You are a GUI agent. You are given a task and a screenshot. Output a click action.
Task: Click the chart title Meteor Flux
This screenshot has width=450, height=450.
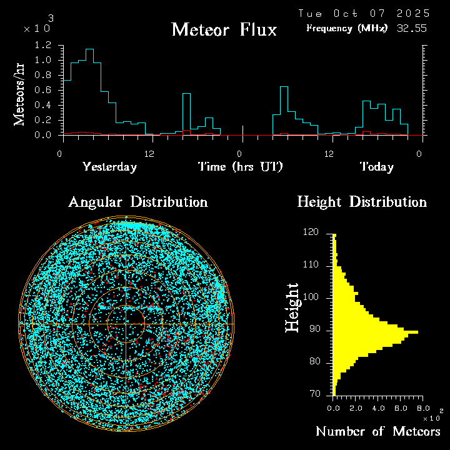(x=224, y=29)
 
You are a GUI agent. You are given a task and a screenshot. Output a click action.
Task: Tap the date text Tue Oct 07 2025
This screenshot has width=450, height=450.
(x=364, y=13)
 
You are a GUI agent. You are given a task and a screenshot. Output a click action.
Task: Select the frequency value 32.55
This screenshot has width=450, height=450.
(x=412, y=28)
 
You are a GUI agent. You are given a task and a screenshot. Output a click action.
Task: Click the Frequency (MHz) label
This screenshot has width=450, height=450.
(x=347, y=28)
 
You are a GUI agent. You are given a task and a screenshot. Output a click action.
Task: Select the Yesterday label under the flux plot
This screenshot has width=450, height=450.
(x=109, y=167)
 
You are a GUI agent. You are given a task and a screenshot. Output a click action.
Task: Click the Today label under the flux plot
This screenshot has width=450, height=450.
(x=376, y=167)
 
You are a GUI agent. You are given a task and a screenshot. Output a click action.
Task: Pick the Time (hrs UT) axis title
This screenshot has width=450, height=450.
(x=241, y=167)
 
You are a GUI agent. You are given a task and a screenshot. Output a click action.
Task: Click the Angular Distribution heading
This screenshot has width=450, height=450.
(x=137, y=202)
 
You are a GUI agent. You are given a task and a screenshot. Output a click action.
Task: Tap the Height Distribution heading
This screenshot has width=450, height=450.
(x=362, y=202)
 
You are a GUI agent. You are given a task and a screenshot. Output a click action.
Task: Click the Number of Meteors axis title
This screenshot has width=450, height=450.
(x=377, y=432)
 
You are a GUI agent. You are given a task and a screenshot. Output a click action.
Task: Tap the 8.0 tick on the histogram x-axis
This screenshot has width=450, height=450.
(x=423, y=407)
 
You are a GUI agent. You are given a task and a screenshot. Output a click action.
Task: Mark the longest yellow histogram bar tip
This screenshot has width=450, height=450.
(x=417, y=332)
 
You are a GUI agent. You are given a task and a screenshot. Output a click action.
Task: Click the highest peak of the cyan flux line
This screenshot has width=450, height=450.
(x=89, y=49)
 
